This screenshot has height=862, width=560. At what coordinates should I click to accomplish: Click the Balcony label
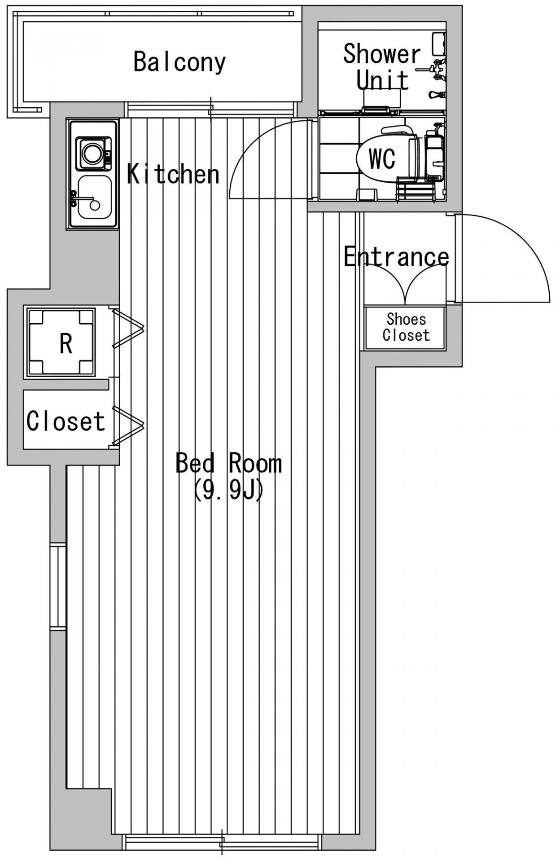pyautogui.click(x=179, y=62)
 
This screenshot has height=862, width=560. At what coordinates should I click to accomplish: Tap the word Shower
pyautogui.click(x=382, y=54)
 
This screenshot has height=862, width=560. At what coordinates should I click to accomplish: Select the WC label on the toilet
pyautogui.click(x=382, y=158)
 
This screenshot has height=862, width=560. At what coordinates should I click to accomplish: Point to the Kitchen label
pyautogui.click(x=174, y=174)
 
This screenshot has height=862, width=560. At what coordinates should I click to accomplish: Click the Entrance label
pyautogui.click(x=396, y=257)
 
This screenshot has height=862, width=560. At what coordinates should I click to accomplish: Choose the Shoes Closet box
pyautogui.click(x=405, y=328)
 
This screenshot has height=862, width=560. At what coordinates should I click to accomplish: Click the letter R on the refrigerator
pyautogui.click(x=66, y=344)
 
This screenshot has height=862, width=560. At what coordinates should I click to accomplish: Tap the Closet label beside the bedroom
pyautogui.click(x=66, y=421)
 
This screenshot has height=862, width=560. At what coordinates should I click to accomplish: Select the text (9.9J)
pyautogui.click(x=228, y=490)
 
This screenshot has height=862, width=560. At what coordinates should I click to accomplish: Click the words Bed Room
pyautogui.click(x=228, y=463)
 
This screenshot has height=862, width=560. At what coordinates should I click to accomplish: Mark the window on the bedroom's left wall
pyautogui.click(x=58, y=585)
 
